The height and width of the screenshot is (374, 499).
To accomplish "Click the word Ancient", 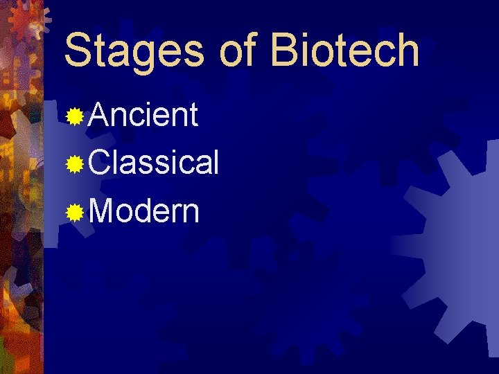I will pos(143,116).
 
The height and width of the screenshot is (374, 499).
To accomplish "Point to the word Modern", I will pos(144,211).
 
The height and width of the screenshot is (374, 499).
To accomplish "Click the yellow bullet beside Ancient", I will pos(76,117).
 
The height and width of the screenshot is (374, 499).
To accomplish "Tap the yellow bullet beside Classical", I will pos(76,165).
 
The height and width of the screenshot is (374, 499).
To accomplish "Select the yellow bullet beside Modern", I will pos(76,213).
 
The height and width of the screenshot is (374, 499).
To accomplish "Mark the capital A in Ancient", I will pos(99,116).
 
